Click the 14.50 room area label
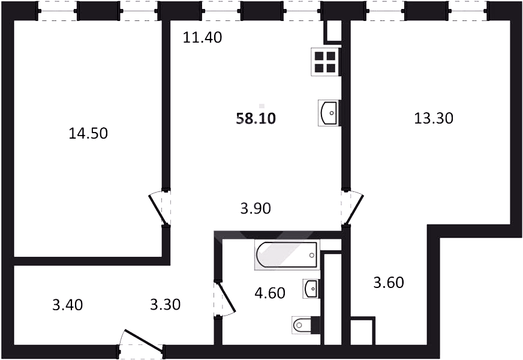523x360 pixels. pos(88,133)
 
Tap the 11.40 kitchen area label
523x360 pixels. pos(203,37)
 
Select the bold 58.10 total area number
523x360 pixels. pos(256,118)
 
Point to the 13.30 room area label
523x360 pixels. pos(434,118)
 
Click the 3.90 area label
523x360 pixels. pos(256,209)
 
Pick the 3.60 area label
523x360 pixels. pos(389,283)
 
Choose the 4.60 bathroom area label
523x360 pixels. pos(270,293)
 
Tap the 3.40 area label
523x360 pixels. pos(68,305)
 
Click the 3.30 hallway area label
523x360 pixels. pos(166,304)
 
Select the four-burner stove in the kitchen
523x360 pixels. pos(325,62)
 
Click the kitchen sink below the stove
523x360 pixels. pos(329,113)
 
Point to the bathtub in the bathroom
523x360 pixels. pos(287,255)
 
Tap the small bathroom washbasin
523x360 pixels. pos(311,288)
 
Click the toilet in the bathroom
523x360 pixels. pos(305,325)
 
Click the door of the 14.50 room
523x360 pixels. pos(160,209)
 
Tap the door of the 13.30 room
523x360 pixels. pos(352,209)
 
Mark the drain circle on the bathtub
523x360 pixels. pos(311,255)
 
